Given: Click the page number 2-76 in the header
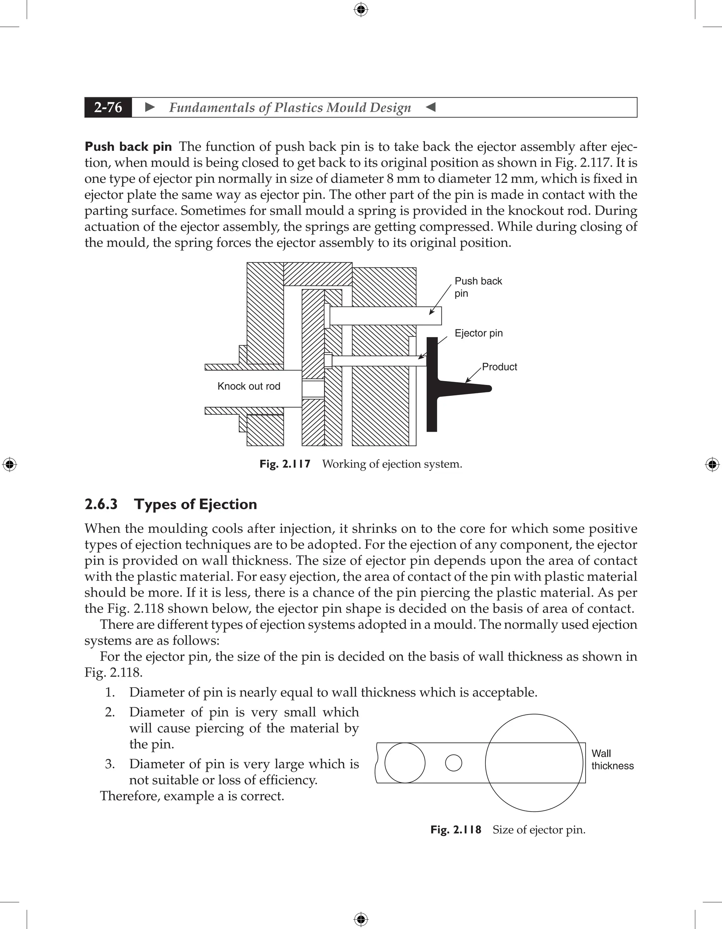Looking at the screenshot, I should pyautogui.click(x=108, y=107).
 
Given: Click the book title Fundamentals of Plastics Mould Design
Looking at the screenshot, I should pyautogui.click(x=290, y=107).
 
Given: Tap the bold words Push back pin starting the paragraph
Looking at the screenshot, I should pyautogui.click(x=128, y=147).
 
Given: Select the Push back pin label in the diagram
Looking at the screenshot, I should pyautogui.click(x=478, y=287).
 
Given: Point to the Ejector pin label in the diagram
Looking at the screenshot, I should pyautogui.click(x=478, y=333).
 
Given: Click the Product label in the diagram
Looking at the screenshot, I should pyautogui.click(x=499, y=367).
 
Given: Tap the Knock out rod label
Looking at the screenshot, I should pyautogui.click(x=249, y=386).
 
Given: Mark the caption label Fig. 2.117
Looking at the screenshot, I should pyautogui.click(x=284, y=464).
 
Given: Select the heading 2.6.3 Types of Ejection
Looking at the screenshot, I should pyautogui.click(x=171, y=504).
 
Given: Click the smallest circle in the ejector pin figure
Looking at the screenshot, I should pyautogui.click(x=453, y=763).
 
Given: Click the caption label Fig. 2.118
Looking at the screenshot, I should pyautogui.click(x=455, y=830).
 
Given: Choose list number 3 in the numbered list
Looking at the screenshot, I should pyautogui.click(x=110, y=764).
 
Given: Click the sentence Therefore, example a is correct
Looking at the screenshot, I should pyautogui.click(x=192, y=796).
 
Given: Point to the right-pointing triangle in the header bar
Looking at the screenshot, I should pyautogui.click(x=150, y=107).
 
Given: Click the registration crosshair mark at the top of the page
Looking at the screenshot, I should pyautogui.click(x=361, y=10).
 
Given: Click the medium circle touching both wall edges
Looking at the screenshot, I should pyautogui.click(x=405, y=763).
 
